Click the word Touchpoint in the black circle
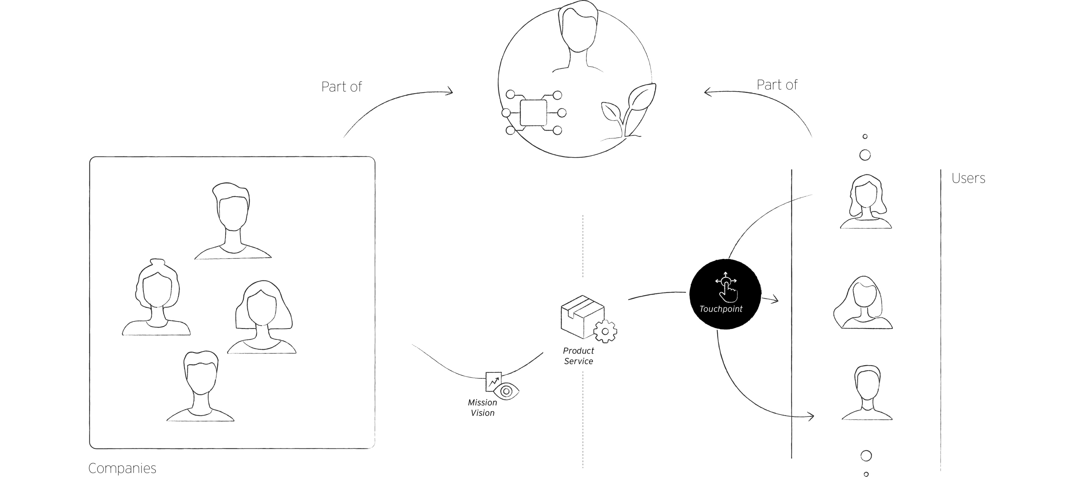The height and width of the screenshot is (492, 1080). coord(721,309)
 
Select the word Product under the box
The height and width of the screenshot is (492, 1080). coord(578,351)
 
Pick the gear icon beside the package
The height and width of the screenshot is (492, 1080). coord(605,331)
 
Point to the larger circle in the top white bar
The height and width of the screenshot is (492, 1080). coord(865,155)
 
